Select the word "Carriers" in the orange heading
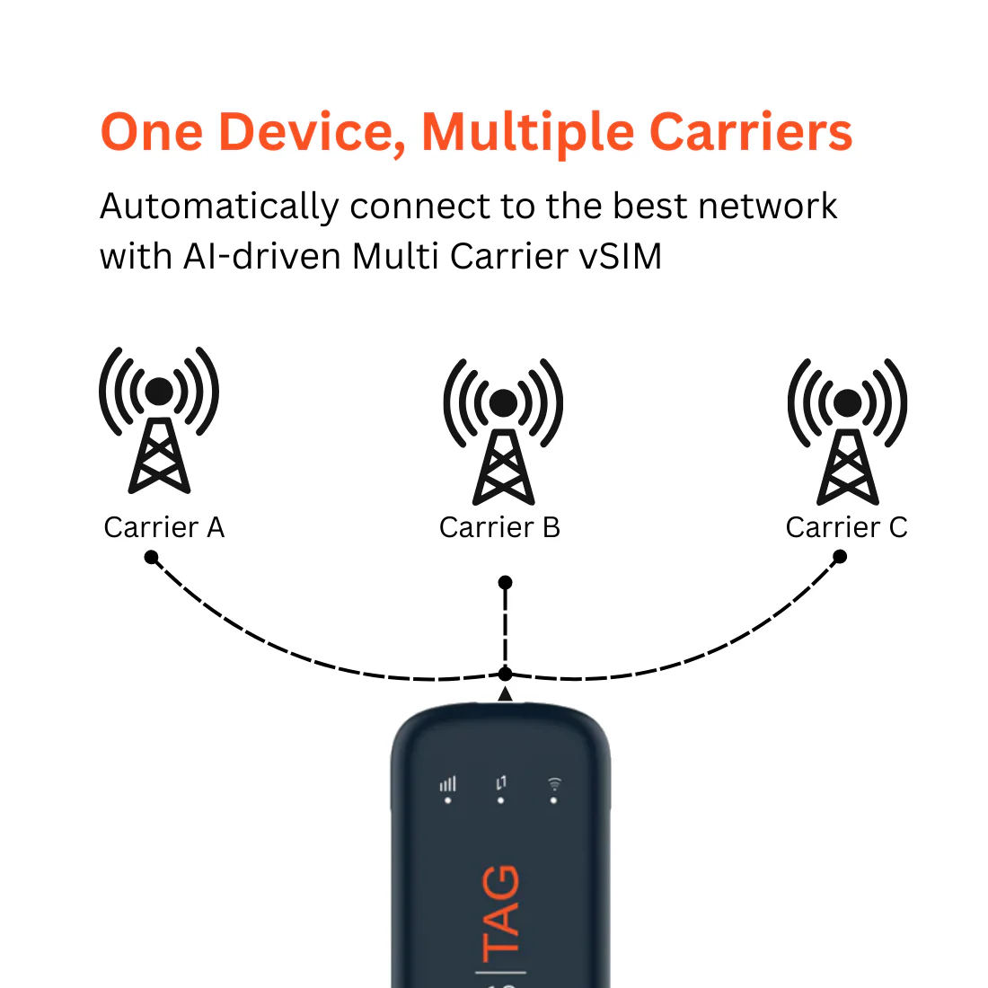[x=750, y=132]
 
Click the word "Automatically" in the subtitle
[x=217, y=207]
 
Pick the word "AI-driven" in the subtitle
[x=262, y=257]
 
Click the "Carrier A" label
[x=163, y=527]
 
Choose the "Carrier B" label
[x=499, y=527]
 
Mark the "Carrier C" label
[x=846, y=527]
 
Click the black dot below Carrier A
[x=152, y=558]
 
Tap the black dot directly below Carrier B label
[x=506, y=583]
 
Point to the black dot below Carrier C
[x=840, y=557]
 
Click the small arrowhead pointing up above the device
[x=506, y=693]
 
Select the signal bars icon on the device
[x=448, y=785]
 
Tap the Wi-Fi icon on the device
[x=555, y=785]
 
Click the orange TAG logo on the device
[x=501, y=912]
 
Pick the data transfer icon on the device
[x=501, y=784]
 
